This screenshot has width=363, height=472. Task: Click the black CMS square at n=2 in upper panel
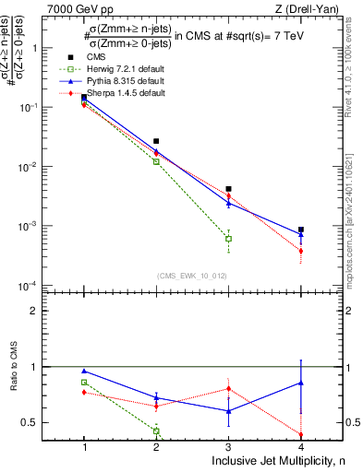[156, 142]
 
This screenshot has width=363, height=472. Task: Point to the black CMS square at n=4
[301, 230]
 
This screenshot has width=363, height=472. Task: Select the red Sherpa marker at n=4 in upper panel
[301, 251]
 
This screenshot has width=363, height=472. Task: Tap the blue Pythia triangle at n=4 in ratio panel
[301, 382]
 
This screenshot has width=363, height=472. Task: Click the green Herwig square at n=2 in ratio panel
[156, 431]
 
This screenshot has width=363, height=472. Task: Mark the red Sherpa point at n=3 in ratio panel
[228, 388]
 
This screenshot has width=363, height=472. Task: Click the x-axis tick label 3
[228, 446]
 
